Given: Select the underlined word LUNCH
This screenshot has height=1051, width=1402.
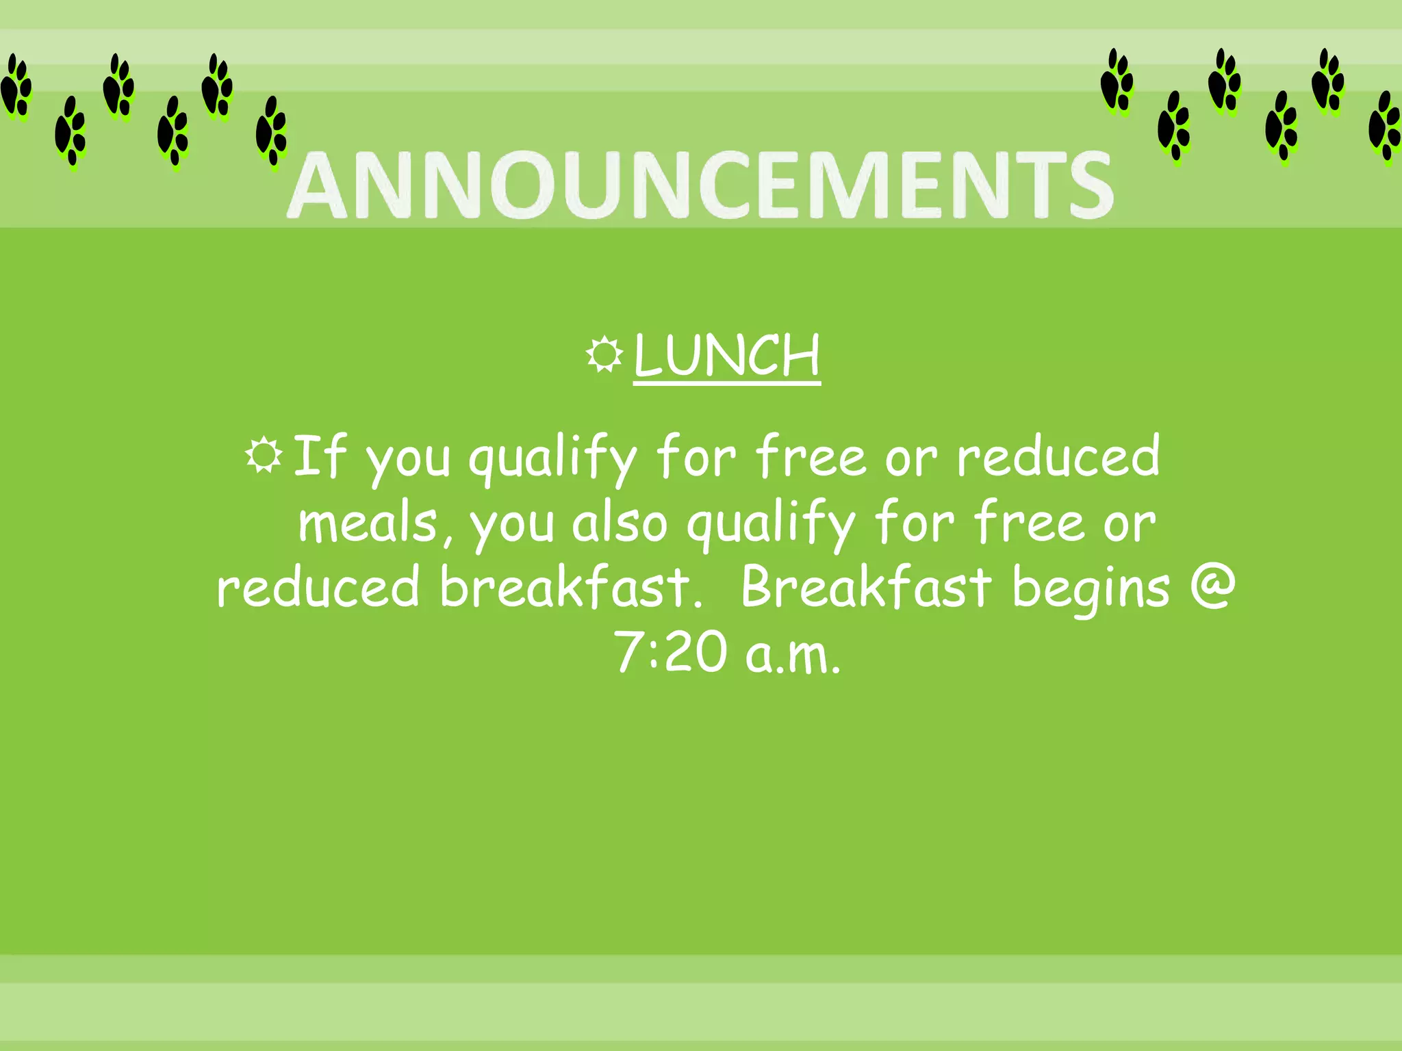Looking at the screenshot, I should point(726,356).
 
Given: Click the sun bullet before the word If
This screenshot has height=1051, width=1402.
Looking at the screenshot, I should point(264,455).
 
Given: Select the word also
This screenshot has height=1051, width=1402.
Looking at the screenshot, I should point(619,523).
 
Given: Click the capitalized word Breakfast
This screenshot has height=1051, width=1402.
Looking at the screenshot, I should point(866,587).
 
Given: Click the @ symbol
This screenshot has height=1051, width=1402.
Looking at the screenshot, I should point(1212,586).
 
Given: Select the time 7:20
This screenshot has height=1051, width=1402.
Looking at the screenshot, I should point(670,652).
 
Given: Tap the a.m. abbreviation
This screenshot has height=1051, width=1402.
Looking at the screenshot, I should point(793,655).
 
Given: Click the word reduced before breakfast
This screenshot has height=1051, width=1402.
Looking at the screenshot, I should point(318,587).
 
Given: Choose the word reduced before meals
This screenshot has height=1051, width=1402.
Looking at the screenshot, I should point(1058,456).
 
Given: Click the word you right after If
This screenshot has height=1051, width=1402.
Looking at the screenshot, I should point(408,460).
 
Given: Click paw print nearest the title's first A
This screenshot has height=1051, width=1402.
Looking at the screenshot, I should point(271,131).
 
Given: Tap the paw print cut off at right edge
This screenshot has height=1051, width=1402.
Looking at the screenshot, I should point(1385,127).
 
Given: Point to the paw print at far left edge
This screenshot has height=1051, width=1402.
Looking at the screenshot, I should point(16,88).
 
